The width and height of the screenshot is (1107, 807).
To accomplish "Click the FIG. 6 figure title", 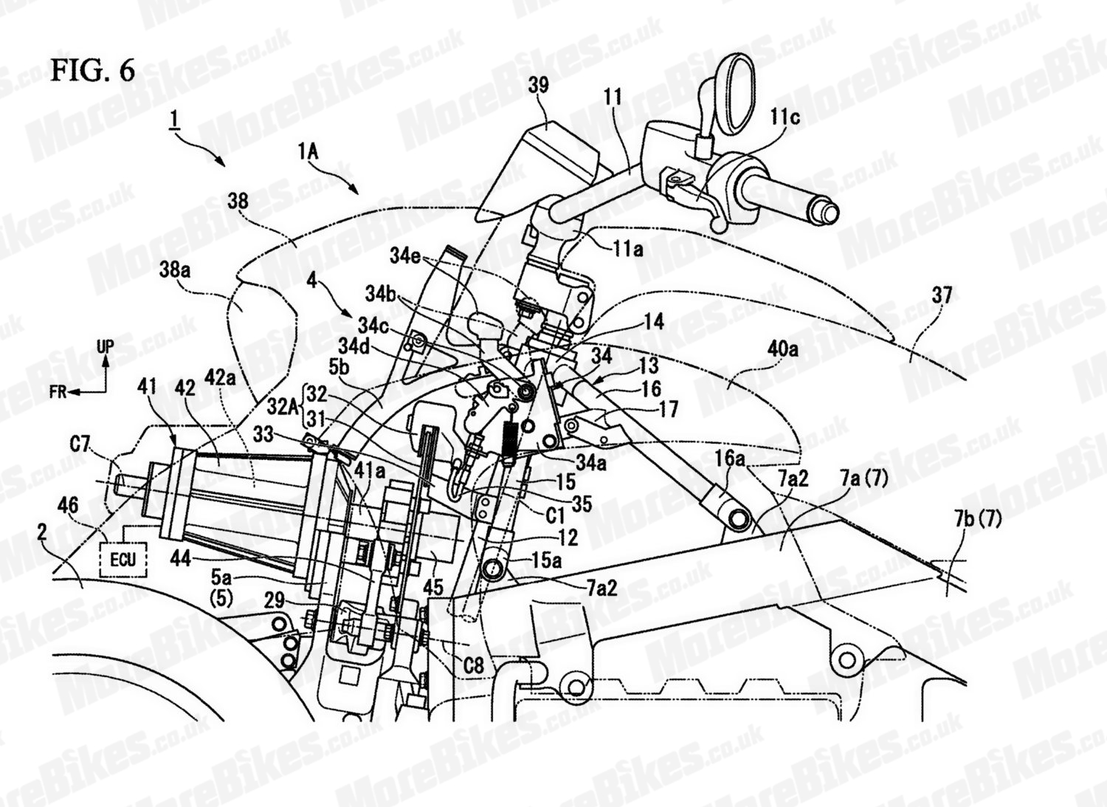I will (x=93, y=70).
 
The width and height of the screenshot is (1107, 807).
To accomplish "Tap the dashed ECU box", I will (x=123, y=559).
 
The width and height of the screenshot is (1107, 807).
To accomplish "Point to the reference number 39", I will (x=538, y=86).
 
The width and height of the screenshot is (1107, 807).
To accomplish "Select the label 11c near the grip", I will (x=785, y=117).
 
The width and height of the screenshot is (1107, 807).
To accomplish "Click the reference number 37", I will (x=942, y=296).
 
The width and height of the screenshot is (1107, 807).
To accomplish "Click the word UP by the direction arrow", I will (x=106, y=346).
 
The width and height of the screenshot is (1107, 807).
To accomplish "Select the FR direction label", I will (x=60, y=392).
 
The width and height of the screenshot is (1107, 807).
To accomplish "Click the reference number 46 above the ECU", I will (x=69, y=505).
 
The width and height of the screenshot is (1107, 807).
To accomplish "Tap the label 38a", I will (x=175, y=271).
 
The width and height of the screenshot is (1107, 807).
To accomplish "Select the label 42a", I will (x=221, y=378).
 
